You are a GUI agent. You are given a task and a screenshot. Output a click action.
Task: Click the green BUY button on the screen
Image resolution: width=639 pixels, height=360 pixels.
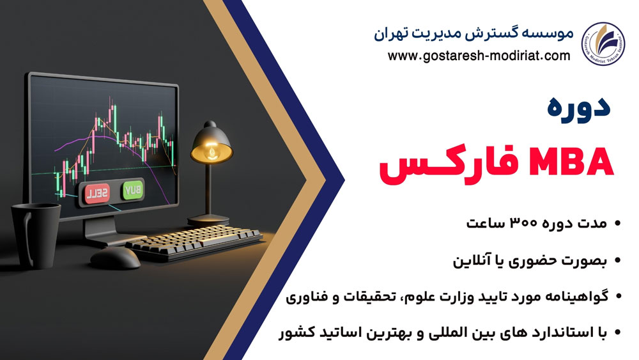(132, 190)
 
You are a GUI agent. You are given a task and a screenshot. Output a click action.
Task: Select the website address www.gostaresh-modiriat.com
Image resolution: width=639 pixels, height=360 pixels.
(479, 56)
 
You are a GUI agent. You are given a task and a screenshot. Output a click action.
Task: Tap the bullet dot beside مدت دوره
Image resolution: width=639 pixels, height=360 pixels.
(617, 224)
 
